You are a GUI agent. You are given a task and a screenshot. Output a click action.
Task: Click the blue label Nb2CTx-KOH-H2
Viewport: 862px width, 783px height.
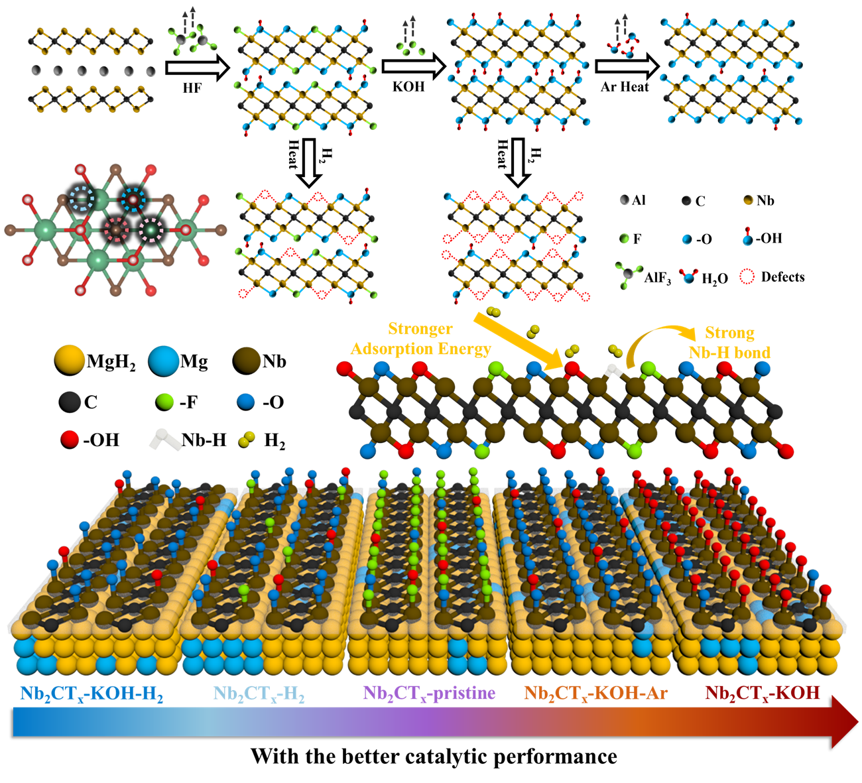[92, 694]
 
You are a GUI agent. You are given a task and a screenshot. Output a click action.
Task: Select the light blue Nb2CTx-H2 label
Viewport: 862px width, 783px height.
[259, 694]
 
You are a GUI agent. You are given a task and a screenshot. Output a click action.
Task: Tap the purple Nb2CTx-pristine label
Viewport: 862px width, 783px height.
[429, 693]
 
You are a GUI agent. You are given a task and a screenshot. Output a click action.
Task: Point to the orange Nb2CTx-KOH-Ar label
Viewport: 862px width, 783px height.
[595, 693]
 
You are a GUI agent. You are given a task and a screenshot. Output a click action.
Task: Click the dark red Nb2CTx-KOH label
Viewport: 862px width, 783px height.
[762, 693]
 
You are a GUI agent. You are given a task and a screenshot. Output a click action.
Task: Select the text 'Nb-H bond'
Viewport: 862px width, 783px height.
[729, 353]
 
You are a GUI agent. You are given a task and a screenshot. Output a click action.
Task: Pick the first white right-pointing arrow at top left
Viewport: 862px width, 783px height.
[197, 68]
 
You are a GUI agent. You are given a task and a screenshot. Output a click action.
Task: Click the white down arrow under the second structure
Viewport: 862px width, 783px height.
[308, 162]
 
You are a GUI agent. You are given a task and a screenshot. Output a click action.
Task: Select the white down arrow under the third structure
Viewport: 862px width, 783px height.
[518, 162]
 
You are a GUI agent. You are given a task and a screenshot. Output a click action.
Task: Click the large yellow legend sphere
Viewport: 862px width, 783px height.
[70, 359]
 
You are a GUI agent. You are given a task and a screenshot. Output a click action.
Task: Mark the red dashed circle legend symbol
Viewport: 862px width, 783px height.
[747, 276]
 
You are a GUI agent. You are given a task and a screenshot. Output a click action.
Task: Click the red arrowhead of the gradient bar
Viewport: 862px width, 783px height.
[845, 721]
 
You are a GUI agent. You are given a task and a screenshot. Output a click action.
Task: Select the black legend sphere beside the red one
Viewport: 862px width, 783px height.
[70, 401]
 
